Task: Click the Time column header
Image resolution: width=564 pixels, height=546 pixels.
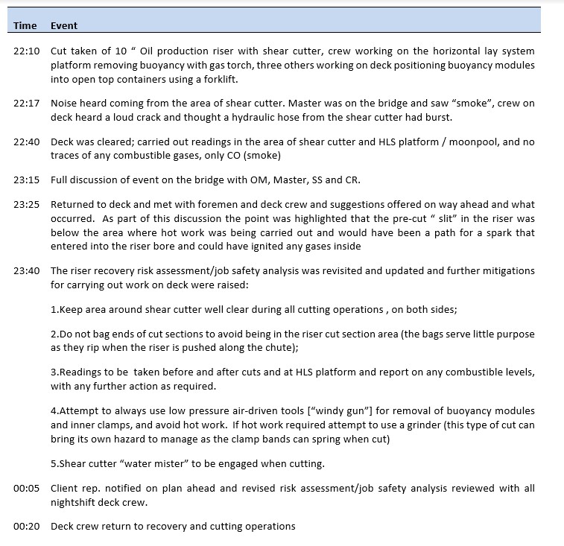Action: (25, 25)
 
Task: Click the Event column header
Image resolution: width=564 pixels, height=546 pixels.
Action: (64, 25)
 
